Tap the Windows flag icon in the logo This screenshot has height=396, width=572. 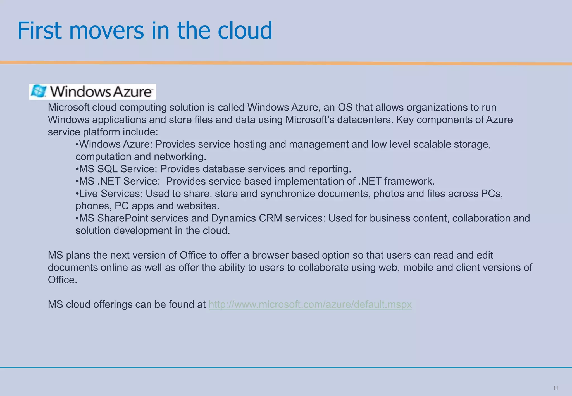(38, 92)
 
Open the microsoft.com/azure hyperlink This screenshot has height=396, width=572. (310, 304)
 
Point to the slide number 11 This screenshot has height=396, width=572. (555, 388)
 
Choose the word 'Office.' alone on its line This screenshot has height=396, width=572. (62, 280)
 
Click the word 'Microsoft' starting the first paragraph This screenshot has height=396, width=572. (68, 108)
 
